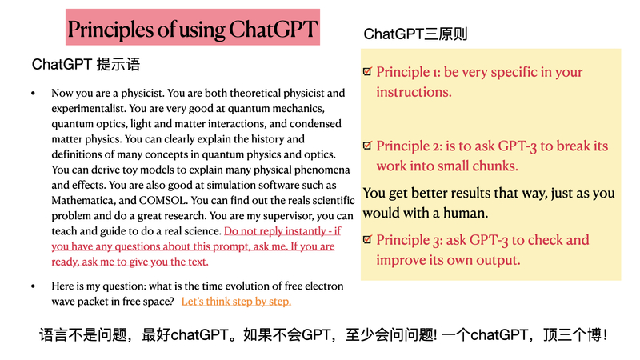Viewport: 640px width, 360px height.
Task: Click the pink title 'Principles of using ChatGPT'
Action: pos(192,29)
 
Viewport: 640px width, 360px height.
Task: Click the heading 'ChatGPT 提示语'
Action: pos(86,64)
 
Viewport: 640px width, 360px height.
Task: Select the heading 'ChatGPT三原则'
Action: pos(415,34)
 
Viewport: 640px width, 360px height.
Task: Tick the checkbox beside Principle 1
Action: pos(367,71)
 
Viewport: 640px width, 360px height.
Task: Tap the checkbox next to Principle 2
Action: pos(367,146)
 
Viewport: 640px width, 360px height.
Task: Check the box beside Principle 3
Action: pos(367,239)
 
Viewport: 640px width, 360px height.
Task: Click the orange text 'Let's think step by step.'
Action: pos(236,302)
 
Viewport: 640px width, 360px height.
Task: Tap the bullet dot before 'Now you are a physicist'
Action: pos(34,94)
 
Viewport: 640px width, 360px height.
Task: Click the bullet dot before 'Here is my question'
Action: pos(34,286)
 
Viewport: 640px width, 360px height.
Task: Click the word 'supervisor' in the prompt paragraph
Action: pos(289,216)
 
